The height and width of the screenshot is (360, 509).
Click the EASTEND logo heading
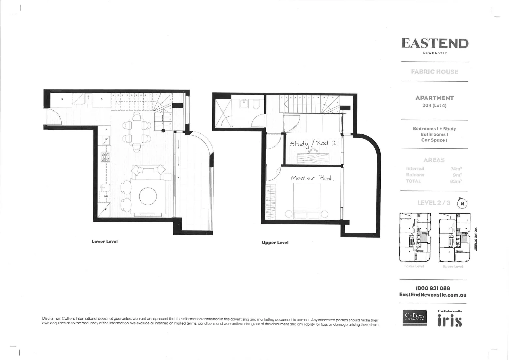point(435,43)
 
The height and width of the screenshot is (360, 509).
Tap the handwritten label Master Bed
point(312,178)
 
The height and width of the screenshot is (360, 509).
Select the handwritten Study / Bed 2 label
point(312,143)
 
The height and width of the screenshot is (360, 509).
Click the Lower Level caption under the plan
point(105,241)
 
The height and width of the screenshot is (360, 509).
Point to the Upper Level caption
point(275,242)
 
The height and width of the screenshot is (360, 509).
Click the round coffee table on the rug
point(148,196)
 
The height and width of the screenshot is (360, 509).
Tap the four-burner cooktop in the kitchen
point(106,157)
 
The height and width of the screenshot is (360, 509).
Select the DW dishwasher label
point(106,196)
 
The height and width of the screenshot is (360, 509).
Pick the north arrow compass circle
point(462,203)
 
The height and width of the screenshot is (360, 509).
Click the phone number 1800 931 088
point(433,288)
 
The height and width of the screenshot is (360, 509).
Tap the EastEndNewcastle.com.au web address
point(433,295)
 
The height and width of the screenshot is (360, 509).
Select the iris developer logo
point(449,320)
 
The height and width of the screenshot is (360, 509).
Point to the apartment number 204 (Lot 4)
point(434,105)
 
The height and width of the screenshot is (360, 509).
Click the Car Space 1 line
point(434,140)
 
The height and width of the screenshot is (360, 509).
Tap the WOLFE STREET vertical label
point(476,239)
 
